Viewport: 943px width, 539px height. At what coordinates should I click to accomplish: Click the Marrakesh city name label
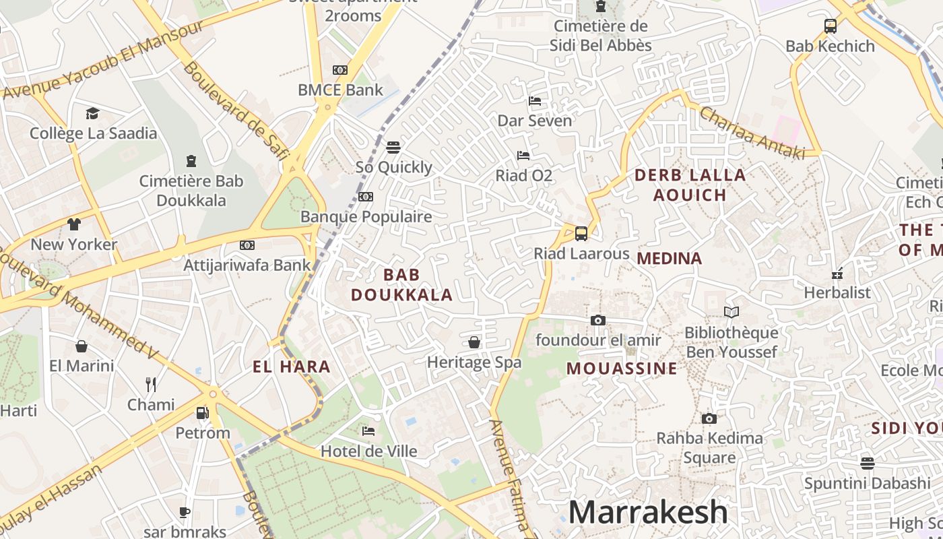(x=648, y=512)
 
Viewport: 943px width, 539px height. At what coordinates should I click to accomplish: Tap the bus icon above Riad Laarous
(x=581, y=234)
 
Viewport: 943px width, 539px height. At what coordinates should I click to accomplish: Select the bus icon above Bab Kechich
(x=830, y=26)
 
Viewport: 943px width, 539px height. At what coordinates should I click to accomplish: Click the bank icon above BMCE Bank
(x=340, y=70)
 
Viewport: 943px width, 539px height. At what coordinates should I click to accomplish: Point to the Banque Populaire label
(x=366, y=216)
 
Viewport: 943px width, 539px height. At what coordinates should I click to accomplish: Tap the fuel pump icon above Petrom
(x=202, y=412)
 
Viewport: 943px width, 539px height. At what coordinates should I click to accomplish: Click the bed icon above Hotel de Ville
(x=368, y=431)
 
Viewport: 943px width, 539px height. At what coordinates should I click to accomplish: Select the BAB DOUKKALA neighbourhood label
(x=401, y=284)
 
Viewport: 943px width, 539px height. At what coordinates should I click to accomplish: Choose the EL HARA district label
(x=291, y=367)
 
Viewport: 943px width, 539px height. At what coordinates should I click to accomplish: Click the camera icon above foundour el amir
(x=597, y=320)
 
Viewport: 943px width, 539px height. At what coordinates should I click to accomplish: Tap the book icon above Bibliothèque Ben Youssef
(x=731, y=312)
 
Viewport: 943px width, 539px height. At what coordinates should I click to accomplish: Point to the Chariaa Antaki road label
(x=752, y=133)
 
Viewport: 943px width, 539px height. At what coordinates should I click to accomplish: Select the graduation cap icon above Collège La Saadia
(x=92, y=113)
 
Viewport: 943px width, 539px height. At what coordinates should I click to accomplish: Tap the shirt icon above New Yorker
(x=73, y=224)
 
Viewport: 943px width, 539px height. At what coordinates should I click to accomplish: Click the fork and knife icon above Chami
(x=151, y=385)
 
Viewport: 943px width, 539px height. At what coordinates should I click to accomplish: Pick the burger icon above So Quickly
(x=393, y=147)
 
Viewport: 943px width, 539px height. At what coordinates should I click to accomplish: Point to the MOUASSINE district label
(x=621, y=368)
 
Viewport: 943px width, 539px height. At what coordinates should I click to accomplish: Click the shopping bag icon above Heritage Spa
(x=474, y=342)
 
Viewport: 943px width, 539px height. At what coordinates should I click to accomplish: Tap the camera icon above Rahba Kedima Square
(x=709, y=418)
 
